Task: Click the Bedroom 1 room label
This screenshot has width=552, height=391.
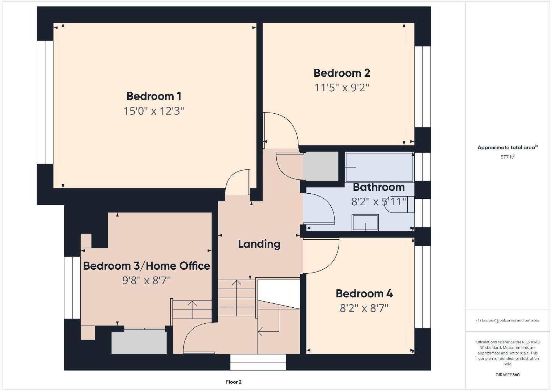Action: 154,96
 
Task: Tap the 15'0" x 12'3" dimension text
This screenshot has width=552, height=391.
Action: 154,111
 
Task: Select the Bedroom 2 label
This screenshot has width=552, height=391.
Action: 342,73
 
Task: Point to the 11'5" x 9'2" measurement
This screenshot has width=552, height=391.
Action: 342,88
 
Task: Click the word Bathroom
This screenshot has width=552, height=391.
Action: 379,187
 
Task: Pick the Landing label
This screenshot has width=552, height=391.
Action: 259,244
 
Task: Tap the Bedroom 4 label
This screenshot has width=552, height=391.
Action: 364,294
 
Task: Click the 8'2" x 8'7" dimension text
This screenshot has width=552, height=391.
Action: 364,308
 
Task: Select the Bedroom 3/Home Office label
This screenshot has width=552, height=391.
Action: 147,266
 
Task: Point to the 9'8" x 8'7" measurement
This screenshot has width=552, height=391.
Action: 147,281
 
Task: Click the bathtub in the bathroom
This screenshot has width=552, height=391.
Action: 379,167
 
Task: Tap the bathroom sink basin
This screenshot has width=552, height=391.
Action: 365,223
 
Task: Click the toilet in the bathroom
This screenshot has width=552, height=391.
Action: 399,204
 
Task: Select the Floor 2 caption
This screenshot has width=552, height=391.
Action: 234,382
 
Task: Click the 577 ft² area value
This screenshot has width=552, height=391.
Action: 508,157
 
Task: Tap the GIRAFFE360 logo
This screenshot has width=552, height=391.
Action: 508,375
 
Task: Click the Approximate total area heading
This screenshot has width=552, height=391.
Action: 508,147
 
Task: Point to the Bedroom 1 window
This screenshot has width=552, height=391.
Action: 45,102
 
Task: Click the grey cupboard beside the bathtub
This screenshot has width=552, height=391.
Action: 320,166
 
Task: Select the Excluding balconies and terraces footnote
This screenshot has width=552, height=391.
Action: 508,320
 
